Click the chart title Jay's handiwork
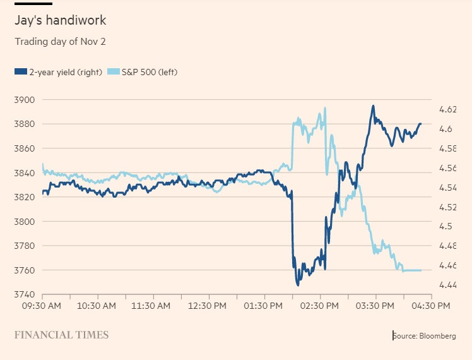coord(61,20)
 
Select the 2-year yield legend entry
coord(59,72)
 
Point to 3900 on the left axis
coord(25,100)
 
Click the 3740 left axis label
coord(25,294)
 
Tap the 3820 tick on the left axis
coord(25,197)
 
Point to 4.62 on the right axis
coord(446,109)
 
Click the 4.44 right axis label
coord(446,285)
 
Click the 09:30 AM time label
coord(42,306)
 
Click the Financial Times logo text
coord(61,335)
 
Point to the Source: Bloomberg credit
coord(424,336)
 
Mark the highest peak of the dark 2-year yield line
coord(373,106)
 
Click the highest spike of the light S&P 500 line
coord(325,108)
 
